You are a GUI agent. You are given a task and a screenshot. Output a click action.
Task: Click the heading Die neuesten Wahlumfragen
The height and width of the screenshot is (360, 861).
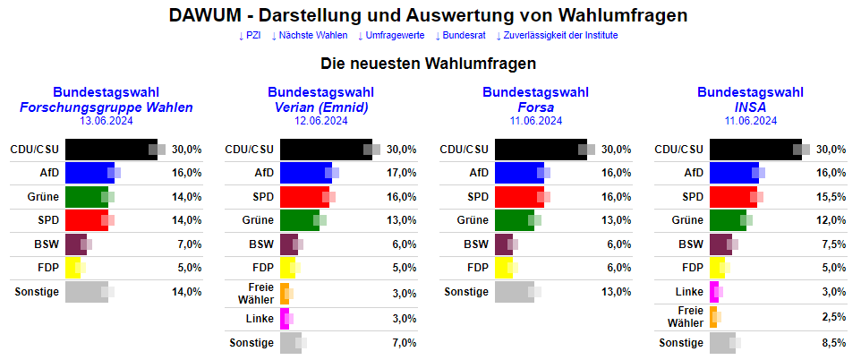click(x=429, y=64)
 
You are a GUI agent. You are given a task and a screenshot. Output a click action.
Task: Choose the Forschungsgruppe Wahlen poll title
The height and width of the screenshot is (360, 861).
click(x=106, y=107)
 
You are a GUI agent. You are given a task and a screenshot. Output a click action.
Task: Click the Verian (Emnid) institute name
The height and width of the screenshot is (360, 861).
click(x=320, y=107)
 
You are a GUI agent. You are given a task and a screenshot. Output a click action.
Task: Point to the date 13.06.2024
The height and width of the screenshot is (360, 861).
click(x=106, y=121)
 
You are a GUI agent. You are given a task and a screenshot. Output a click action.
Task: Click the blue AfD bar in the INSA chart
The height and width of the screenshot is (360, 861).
click(x=733, y=173)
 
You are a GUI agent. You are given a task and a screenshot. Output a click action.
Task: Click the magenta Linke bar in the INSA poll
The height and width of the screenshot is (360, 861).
click(x=713, y=291)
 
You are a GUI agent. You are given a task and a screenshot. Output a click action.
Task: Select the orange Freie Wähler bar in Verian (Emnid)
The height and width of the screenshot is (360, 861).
click(x=284, y=292)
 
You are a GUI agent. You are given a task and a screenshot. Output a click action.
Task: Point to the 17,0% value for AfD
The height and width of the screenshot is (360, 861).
click(x=402, y=173)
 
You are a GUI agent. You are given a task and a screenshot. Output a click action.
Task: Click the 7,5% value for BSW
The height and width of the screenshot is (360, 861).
click(x=831, y=244)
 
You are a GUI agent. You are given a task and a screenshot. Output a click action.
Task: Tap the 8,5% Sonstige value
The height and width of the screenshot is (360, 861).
click(x=831, y=342)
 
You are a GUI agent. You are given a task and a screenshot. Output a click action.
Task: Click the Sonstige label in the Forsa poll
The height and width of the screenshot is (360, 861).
click(x=466, y=291)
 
